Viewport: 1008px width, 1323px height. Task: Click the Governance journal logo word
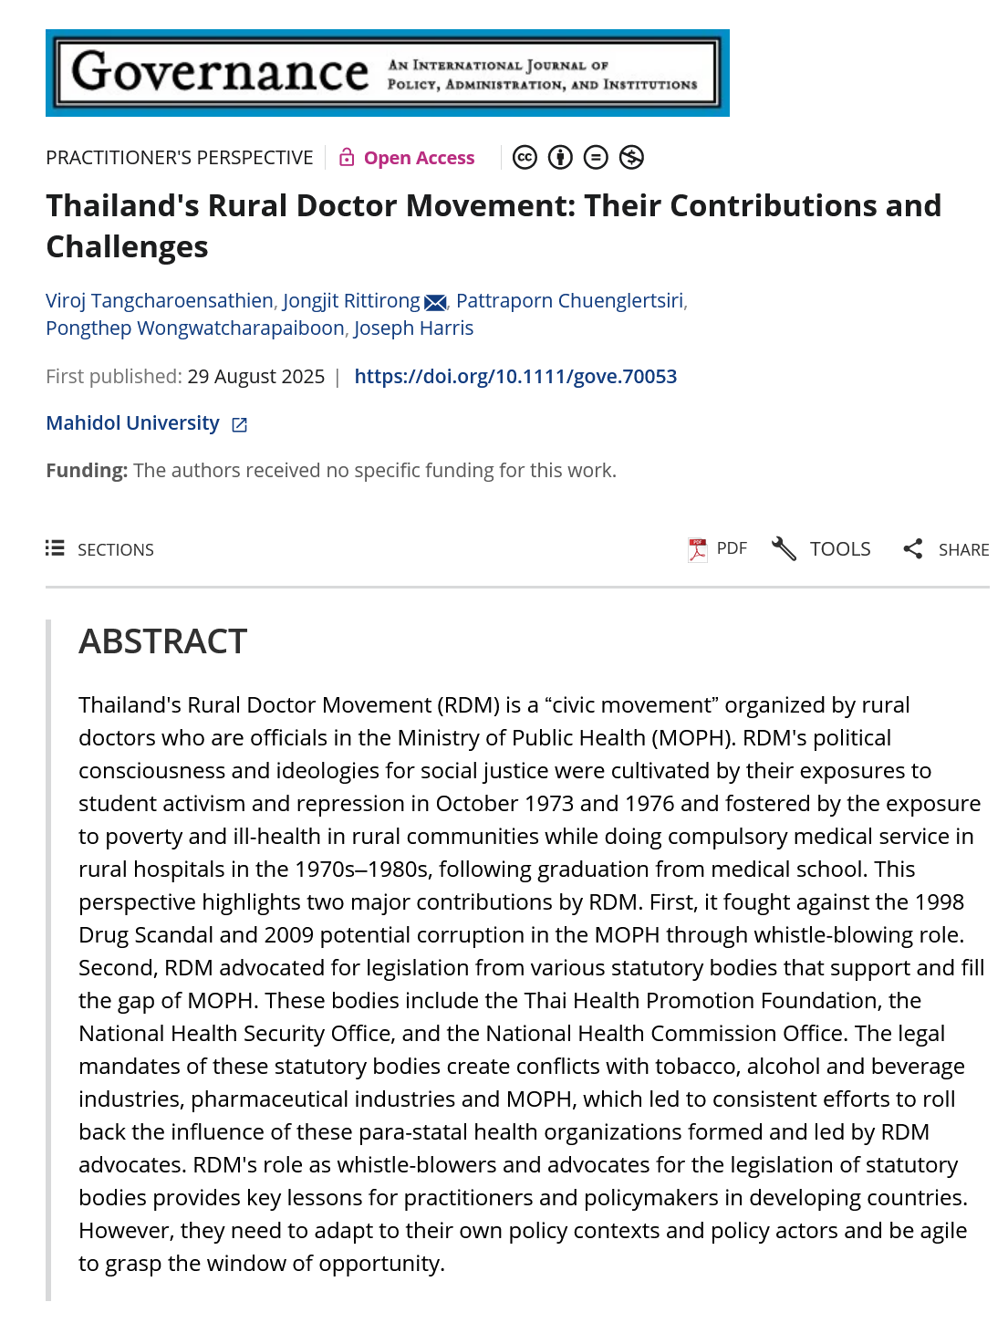220,72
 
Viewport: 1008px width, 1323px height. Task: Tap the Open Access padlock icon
347,158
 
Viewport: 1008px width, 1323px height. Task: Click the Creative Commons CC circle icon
525,158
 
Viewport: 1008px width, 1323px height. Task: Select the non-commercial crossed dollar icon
631,158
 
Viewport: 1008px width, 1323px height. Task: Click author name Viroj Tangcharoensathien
160,301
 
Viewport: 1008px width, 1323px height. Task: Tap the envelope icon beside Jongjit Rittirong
435,303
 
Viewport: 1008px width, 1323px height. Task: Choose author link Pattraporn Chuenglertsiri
569,301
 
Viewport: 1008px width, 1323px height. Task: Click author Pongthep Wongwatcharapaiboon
195,328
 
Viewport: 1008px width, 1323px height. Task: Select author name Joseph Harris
413,328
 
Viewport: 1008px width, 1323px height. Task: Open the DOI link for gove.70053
515,377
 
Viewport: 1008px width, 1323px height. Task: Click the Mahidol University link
133,423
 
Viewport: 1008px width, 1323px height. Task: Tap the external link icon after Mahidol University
240,425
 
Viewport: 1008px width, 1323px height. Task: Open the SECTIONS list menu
100,549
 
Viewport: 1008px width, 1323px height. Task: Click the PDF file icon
698,549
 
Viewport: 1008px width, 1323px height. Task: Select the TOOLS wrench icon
784,549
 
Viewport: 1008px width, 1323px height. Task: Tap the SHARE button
946,549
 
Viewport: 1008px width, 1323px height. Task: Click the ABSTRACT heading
163,641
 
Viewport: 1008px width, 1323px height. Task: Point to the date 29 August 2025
255,377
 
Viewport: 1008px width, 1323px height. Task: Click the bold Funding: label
87,471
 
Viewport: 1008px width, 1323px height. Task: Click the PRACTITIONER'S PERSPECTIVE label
180,158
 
